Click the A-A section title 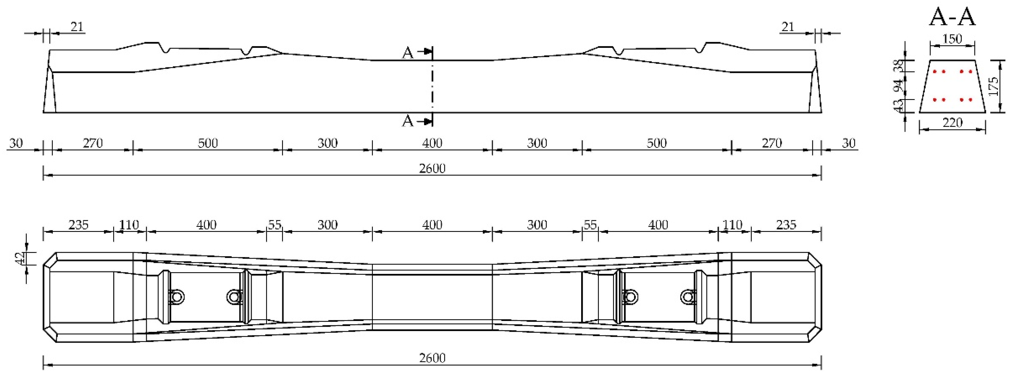click(952, 18)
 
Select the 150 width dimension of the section click(952, 39)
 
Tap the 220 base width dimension click(952, 123)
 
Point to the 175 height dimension click(993, 86)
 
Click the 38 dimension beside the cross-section click(898, 66)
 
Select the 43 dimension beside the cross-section click(898, 105)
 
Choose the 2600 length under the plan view click(432, 358)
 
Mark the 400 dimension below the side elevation click(432, 143)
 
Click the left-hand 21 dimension click(77, 27)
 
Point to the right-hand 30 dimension click(849, 143)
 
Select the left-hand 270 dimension click(93, 143)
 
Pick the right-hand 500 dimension click(656, 143)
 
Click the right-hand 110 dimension click(732, 225)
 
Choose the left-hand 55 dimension click(275, 225)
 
